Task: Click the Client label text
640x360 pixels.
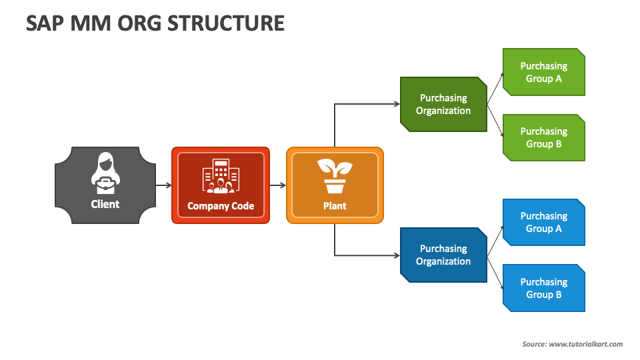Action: [105, 204]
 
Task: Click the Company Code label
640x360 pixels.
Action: [221, 206]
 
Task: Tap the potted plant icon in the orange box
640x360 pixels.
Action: [335, 175]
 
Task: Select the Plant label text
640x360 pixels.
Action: [335, 206]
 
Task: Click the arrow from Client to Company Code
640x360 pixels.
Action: [164, 185]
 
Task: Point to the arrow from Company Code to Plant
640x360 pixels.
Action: [278, 185]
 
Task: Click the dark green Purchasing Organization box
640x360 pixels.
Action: [443, 104]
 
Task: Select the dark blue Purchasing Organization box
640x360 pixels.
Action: [443, 255]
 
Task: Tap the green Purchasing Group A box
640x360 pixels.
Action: [544, 72]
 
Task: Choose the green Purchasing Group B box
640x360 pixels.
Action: [544, 137]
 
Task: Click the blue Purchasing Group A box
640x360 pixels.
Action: [544, 222]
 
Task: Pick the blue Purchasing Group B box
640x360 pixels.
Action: [544, 288]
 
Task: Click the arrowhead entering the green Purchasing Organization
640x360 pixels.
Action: [396, 104]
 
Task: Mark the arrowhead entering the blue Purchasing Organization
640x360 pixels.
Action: [396, 255]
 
